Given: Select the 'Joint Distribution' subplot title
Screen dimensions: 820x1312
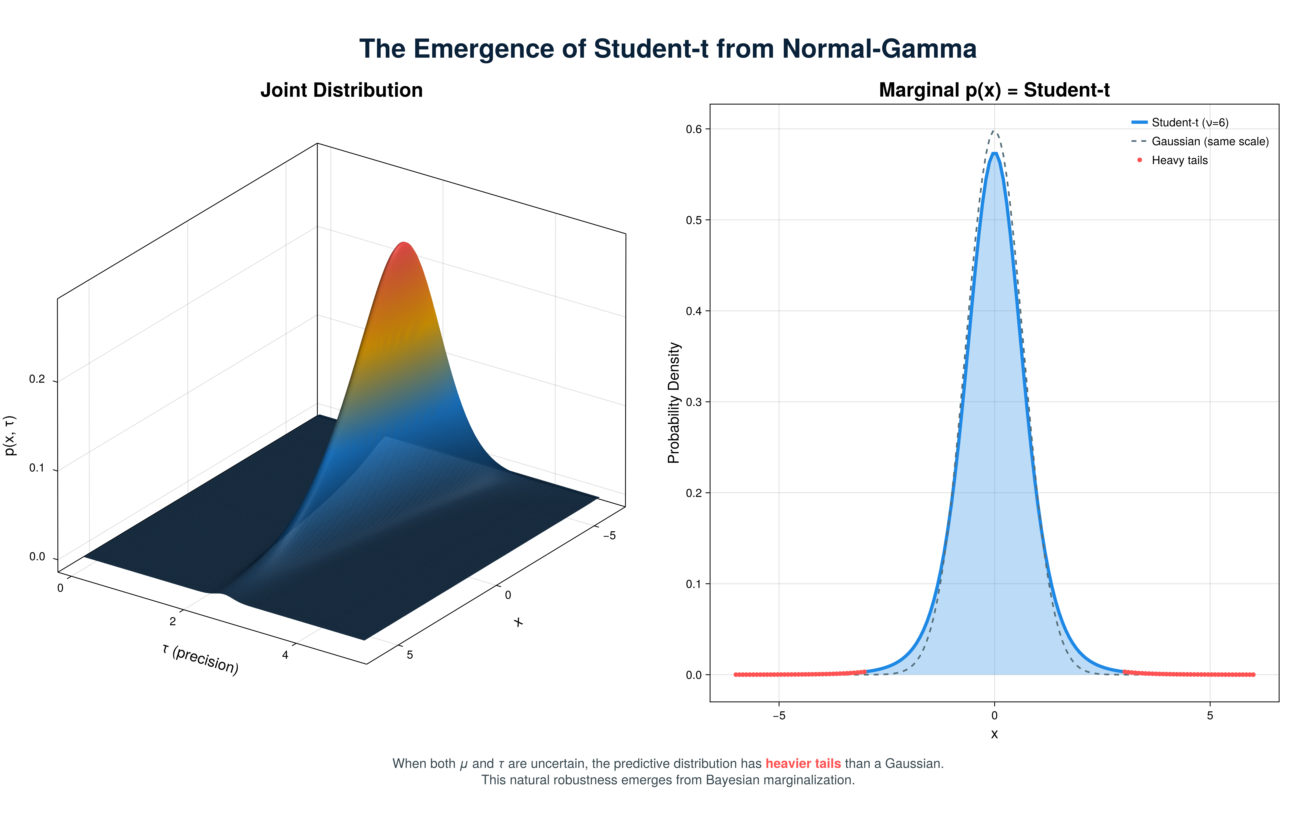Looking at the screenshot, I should pos(341,90).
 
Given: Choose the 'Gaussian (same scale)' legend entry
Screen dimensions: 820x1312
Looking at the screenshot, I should pos(1209,141).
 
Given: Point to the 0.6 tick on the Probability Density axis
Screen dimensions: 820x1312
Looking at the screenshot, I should pos(694,129).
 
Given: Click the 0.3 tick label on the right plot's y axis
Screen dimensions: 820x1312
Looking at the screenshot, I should pos(694,402).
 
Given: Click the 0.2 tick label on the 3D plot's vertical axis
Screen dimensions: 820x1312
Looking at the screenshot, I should pos(37,379).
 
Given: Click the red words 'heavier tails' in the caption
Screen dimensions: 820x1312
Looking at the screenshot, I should pos(803,764).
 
